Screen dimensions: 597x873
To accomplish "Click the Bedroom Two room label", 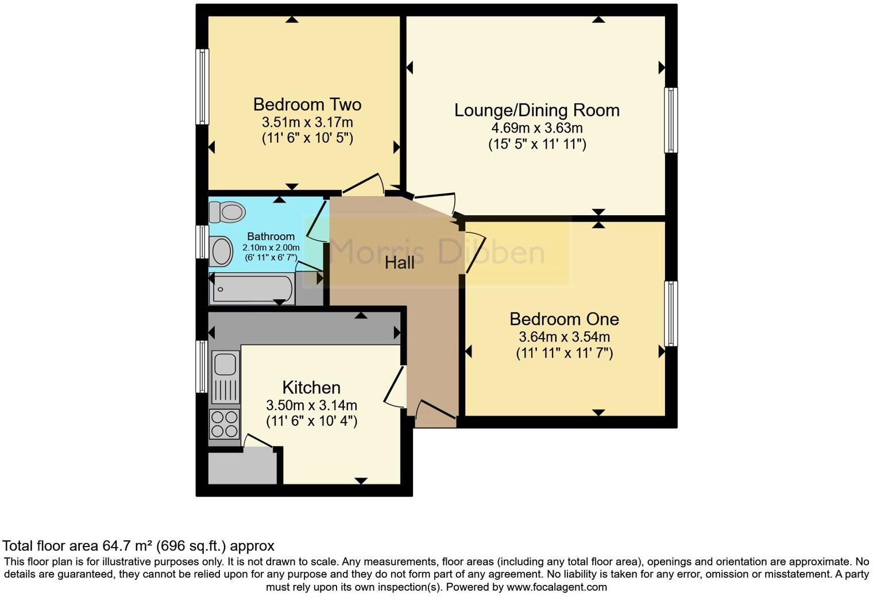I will (x=307, y=104).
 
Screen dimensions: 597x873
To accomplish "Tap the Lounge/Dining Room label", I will (x=536, y=110).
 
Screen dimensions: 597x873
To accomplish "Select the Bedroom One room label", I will (x=564, y=319).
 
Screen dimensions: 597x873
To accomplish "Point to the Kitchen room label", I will (x=311, y=387).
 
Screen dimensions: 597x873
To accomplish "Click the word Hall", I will (x=399, y=263).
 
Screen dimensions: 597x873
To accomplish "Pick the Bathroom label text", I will (x=271, y=237).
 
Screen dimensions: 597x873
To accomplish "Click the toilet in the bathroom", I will (x=227, y=212).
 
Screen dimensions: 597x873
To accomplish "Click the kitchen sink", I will (x=225, y=363).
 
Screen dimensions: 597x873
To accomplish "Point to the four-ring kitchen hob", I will (x=225, y=424).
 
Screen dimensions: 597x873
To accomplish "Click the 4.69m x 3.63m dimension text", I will (x=536, y=128).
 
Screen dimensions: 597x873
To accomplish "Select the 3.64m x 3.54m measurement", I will (x=564, y=337).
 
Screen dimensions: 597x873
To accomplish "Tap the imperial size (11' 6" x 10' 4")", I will (x=311, y=421).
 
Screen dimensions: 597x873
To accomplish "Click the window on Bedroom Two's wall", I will (x=202, y=87).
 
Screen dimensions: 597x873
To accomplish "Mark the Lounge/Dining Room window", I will (x=670, y=120).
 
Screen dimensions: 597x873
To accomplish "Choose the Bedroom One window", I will (x=670, y=313).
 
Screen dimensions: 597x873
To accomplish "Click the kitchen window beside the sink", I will (x=202, y=366).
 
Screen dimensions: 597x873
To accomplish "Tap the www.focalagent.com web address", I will (x=557, y=587).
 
